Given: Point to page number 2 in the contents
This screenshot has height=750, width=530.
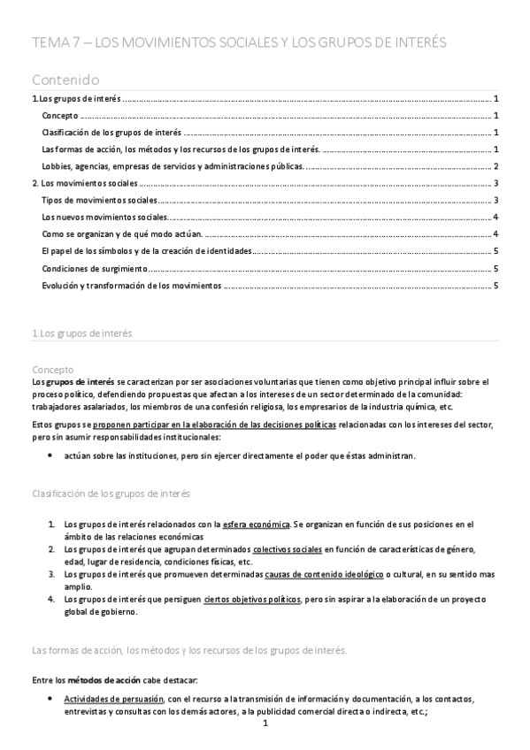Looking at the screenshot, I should tap(497, 166).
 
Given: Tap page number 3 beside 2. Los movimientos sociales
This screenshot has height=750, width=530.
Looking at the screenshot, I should tap(497, 183).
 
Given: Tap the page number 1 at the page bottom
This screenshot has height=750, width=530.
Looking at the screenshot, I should tap(265, 723).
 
